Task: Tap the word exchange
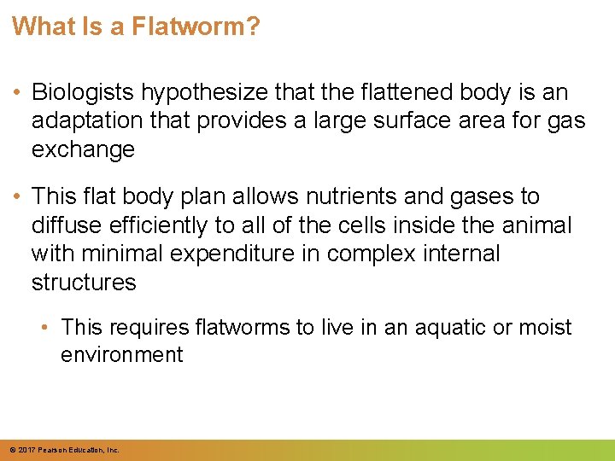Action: coord(83,150)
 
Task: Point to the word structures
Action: coord(84,283)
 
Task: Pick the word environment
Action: coord(121,354)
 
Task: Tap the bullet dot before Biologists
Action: coord(17,92)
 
